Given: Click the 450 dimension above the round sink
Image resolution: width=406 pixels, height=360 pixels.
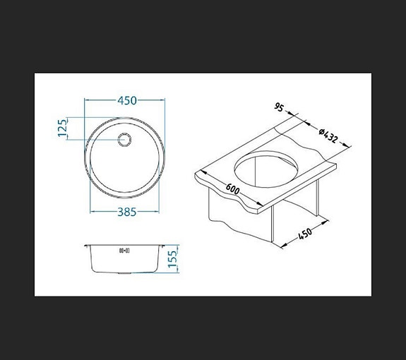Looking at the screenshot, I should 126,101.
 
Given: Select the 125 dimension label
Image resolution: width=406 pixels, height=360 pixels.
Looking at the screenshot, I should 62,128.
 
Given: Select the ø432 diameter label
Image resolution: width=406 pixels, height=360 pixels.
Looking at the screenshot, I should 330,136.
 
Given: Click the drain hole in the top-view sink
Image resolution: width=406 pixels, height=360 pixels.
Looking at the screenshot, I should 125,139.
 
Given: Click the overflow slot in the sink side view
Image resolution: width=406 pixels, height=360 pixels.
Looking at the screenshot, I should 124,249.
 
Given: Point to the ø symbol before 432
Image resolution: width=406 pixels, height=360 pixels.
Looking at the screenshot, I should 321,129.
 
